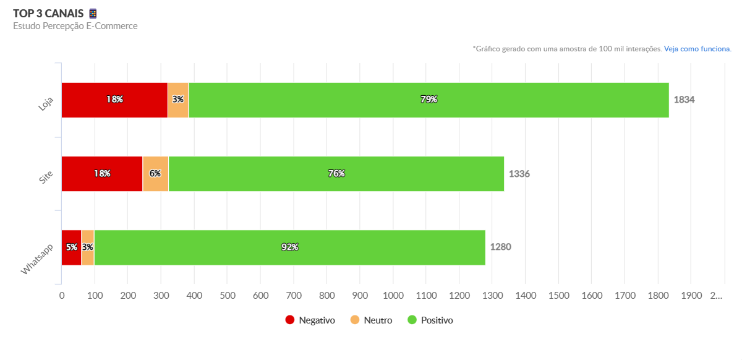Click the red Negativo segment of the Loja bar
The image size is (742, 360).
114,100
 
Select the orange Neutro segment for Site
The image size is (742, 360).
156,174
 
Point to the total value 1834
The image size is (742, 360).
684,100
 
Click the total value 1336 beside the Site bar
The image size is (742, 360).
519,174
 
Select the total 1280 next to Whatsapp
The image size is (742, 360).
500,247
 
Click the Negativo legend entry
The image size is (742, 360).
310,320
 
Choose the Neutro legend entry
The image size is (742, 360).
371,320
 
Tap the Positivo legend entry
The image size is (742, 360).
430,320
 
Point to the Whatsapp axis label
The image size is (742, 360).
37,259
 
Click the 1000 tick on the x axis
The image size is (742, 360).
393,296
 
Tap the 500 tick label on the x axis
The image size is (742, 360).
227,296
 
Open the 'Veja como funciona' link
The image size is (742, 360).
697,48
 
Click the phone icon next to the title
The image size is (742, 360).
93,14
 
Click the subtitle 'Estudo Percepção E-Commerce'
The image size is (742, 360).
75,26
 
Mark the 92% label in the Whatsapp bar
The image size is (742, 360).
289,247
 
